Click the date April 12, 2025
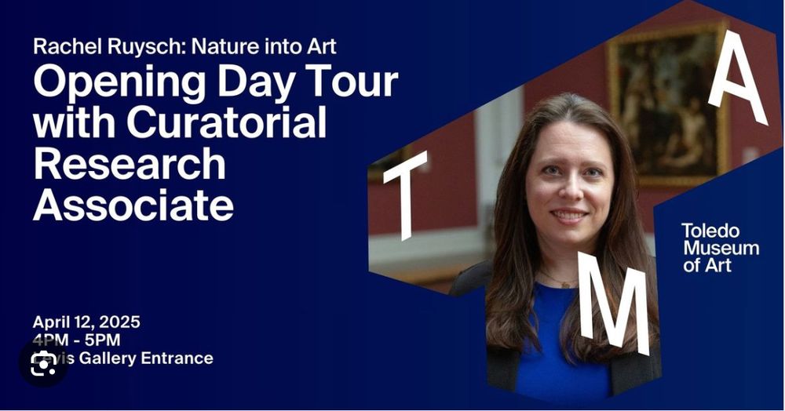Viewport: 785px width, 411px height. click(86, 322)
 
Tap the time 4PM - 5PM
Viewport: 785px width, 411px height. click(76, 340)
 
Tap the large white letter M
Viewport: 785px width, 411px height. click(614, 301)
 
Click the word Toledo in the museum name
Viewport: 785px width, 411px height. click(710, 231)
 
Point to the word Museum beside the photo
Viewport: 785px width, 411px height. click(721, 249)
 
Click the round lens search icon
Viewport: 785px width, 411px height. click(42, 363)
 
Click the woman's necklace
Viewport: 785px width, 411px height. click(559, 280)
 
